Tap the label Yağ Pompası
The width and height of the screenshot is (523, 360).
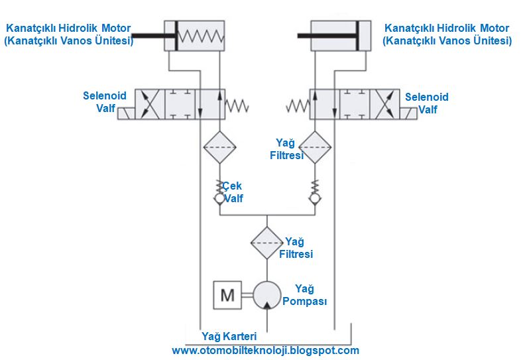pos(304,295)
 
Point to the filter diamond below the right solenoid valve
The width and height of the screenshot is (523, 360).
pos(314,146)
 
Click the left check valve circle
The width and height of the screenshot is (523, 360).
pos(219,198)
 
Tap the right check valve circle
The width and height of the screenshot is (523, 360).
pos(314,198)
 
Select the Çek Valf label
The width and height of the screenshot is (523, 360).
pos(234,192)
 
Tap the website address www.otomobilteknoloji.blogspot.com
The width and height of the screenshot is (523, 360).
pos(265,350)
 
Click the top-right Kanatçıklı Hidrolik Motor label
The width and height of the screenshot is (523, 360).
pos(447,34)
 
